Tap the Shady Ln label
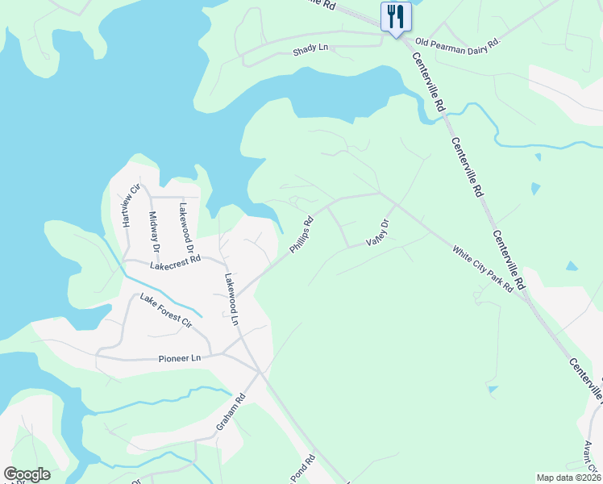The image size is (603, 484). tap(311, 48)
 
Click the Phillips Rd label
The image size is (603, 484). tap(301, 235)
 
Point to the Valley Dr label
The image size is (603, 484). tap(377, 232)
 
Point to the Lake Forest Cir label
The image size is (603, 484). tap(165, 312)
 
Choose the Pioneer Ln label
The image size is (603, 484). tap(179, 357)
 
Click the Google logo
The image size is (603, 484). tap(27, 474)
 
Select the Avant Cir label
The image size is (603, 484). tap(590, 455)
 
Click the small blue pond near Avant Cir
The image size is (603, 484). tap(493, 390)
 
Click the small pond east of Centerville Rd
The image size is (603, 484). tap(572, 265)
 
